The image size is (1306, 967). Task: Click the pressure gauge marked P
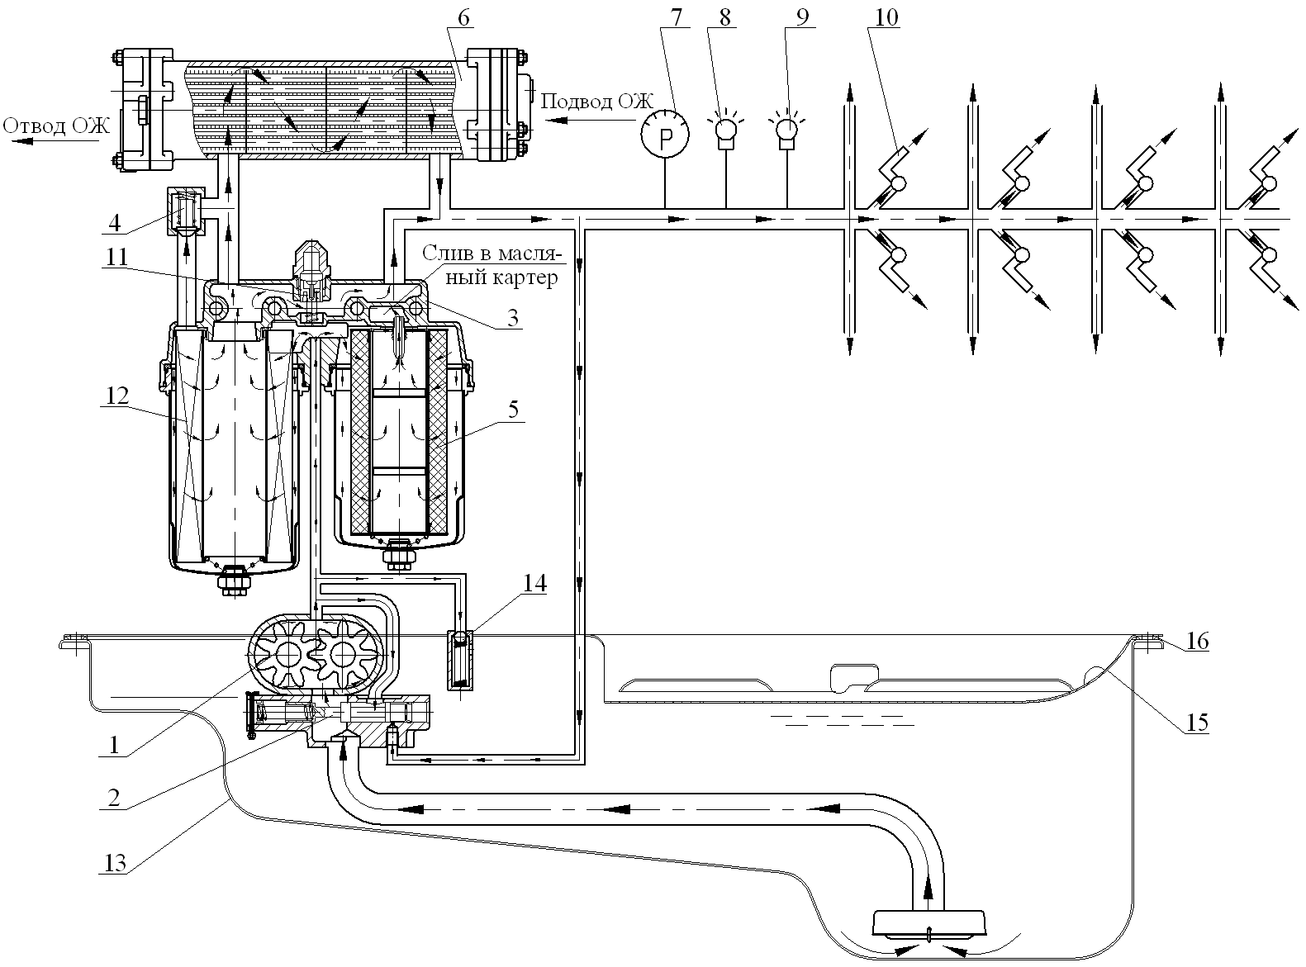click(665, 135)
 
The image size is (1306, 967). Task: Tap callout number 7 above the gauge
click(676, 17)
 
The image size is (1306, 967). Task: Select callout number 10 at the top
click(886, 17)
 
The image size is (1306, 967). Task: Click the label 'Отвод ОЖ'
click(56, 126)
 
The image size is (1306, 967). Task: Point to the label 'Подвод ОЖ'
click(596, 102)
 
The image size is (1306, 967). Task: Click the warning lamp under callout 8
click(726, 132)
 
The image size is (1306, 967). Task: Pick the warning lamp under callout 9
click(787, 132)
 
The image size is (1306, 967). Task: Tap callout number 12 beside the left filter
click(116, 396)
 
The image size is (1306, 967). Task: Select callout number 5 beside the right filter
click(513, 409)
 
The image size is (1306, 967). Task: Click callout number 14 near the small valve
click(534, 583)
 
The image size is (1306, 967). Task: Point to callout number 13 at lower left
click(115, 862)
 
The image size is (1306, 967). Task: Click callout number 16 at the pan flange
click(1197, 641)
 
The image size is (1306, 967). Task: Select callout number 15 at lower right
click(1196, 723)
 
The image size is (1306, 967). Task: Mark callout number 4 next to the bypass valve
click(114, 223)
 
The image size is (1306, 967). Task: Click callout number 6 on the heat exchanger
click(463, 18)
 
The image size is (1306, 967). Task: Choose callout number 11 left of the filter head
click(117, 257)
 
